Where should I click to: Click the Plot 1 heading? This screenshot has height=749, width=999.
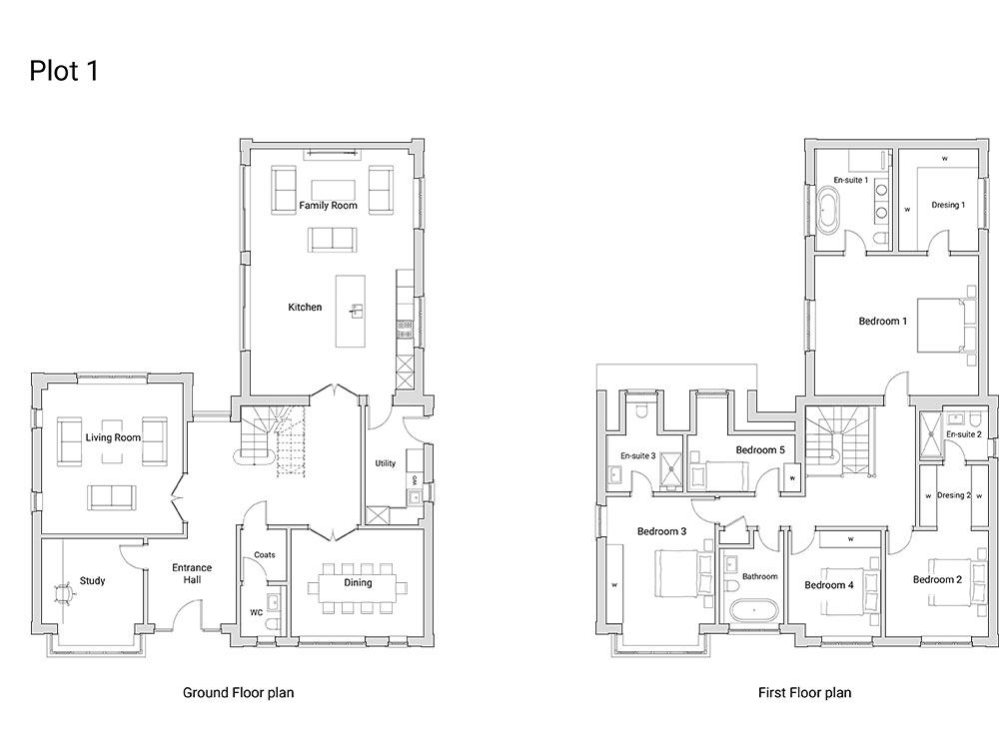tap(64, 71)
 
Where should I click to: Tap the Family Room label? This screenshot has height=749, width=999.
tap(328, 205)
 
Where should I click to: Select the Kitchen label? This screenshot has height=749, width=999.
tap(305, 307)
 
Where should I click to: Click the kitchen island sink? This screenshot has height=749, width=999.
tap(357, 312)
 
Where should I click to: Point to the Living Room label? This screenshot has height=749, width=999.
tap(113, 437)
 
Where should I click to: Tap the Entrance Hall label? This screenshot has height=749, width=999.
tap(192, 573)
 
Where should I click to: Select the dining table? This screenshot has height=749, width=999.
tap(358, 588)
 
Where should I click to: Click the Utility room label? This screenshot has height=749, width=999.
tap(386, 463)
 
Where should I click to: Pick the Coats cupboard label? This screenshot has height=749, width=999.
tap(265, 554)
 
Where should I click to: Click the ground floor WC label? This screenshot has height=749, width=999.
tap(256, 613)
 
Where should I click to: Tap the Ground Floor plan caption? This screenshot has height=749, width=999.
tap(239, 693)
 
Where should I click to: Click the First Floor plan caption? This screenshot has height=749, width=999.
tap(804, 693)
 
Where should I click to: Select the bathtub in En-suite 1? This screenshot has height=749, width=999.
tap(828, 210)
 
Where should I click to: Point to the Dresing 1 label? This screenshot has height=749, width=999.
tap(948, 205)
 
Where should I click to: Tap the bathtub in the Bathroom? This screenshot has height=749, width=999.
tap(754, 611)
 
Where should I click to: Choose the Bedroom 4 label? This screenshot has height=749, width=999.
tap(829, 584)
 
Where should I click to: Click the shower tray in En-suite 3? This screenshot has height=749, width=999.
tap(671, 471)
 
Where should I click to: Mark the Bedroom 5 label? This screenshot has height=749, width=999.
tap(760, 449)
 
